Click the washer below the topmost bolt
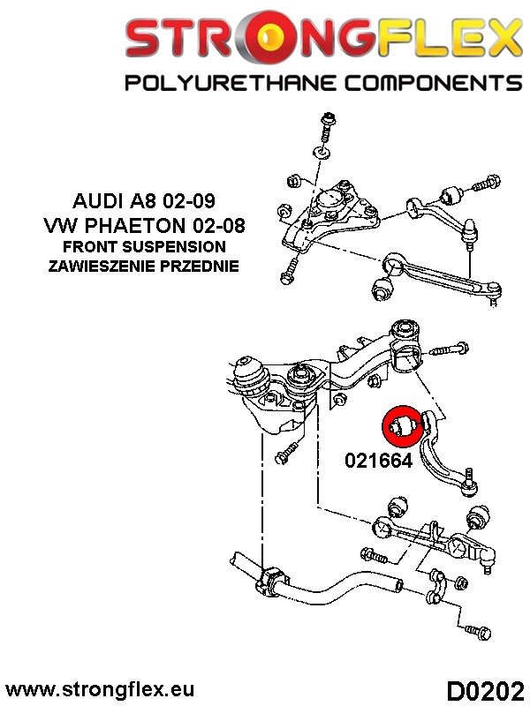point(324,154)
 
